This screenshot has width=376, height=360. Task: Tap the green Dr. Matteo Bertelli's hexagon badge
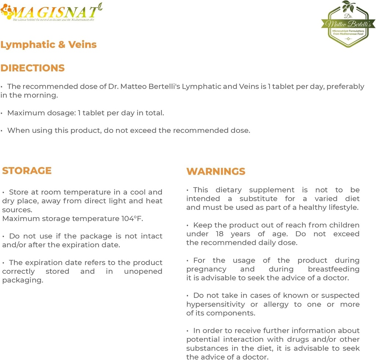(x=348, y=25)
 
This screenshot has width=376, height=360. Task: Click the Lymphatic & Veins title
(x=48, y=45)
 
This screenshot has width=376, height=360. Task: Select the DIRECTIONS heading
(x=32, y=68)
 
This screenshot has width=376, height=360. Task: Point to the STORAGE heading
(x=27, y=171)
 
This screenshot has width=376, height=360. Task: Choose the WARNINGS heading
(x=216, y=171)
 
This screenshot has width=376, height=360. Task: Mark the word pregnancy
(x=206, y=269)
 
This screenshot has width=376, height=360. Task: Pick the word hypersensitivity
(x=216, y=304)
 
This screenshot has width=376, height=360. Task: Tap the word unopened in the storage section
(x=143, y=272)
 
